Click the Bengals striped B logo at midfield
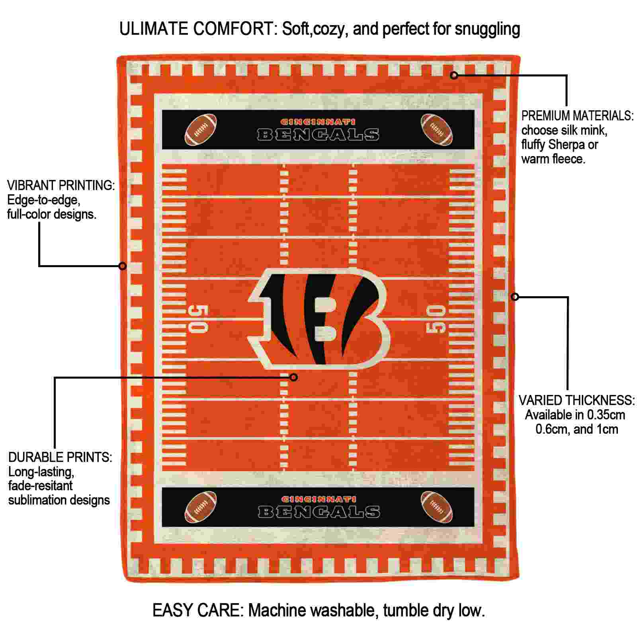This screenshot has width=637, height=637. click(x=318, y=318)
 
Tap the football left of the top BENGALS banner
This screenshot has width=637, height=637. click(x=201, y=130)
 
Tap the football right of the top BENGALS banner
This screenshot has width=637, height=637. click(x=437, y=130)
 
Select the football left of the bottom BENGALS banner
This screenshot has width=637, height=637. click(x=201, y=507)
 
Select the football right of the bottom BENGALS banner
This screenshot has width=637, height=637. click(x=437, y=507)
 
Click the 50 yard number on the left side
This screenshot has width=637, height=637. click(x=198, y=319)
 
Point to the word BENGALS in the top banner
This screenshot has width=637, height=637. click(x=318, y=135)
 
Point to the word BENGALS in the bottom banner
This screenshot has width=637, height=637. click(x=319, y=512)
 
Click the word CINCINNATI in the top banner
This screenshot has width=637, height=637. click(x=318, y=122)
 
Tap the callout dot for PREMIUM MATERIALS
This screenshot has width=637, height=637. click(x=454, y=75)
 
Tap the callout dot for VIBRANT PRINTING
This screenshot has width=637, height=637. click(x=123, y=266)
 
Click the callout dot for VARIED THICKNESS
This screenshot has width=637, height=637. click(x=515, y=297)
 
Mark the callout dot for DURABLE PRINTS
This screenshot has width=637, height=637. click(x=294, y=377)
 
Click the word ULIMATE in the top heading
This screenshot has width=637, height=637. click(x=154, y=29)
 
